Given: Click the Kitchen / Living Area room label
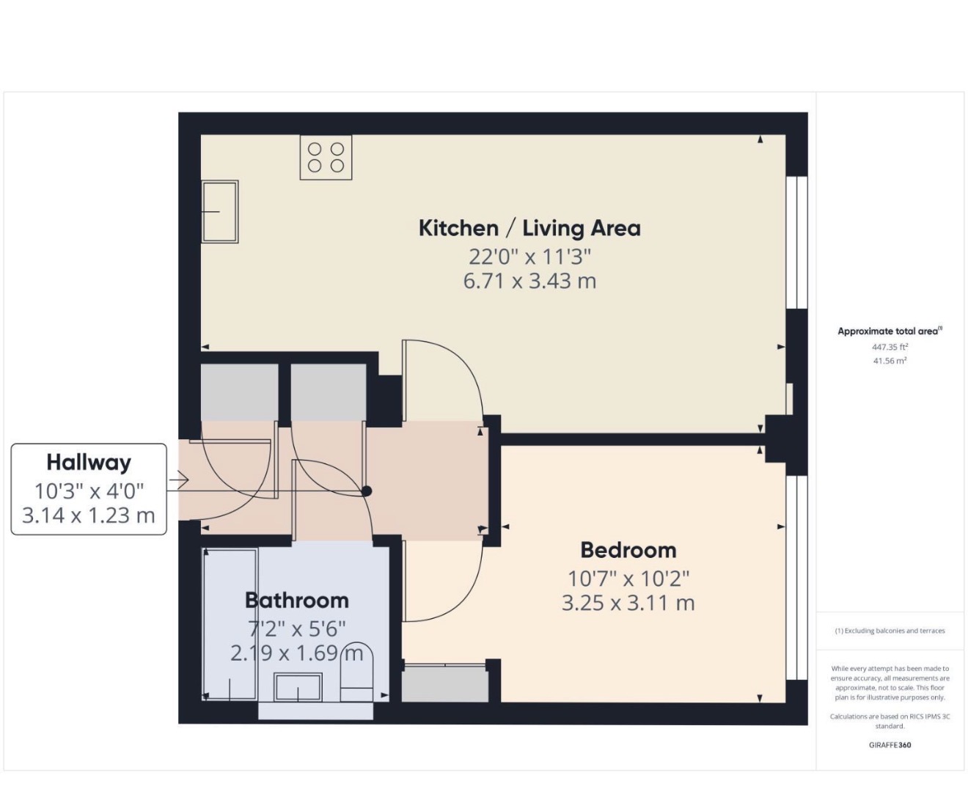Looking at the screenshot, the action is [529, 229].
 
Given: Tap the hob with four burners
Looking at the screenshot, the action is [326, 157].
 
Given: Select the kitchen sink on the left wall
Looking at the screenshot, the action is [220, 212].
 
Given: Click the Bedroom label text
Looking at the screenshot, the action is [628, 551].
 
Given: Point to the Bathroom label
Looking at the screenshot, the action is [297, 601].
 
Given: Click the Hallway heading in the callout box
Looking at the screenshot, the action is [89, 463].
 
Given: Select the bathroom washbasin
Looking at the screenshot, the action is [298, 687].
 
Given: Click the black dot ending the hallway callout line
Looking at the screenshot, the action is [366, 491].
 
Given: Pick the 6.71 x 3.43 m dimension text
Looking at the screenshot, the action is [529, 282].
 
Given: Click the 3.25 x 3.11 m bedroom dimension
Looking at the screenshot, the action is [628, 603].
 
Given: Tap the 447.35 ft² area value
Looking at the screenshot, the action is [890, 347].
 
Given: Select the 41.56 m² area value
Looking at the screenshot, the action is [890, 361].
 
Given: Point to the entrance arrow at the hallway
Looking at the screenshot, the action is [178, 480].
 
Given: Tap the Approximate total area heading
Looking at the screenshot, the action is [890, 331].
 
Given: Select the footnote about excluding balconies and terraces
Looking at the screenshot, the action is [890, 631].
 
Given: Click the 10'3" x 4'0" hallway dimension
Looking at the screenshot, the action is [89, 491].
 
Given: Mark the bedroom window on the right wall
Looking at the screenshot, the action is [797, 578].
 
